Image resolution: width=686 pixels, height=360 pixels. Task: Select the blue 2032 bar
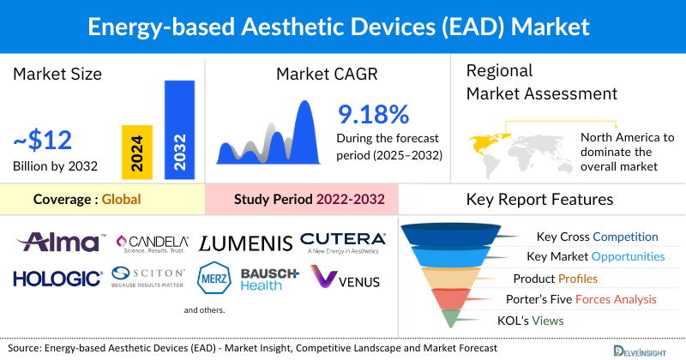(x=179, y=129)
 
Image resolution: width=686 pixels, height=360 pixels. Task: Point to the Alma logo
(x=63, y=242)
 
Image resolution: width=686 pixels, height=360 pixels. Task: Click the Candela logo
(x=153, y=244)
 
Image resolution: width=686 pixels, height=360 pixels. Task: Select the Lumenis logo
(x=245, y=244)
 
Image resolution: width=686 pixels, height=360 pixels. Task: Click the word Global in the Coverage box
(x=121, y=200)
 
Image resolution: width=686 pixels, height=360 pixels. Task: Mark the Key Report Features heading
(x=539, y=200)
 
